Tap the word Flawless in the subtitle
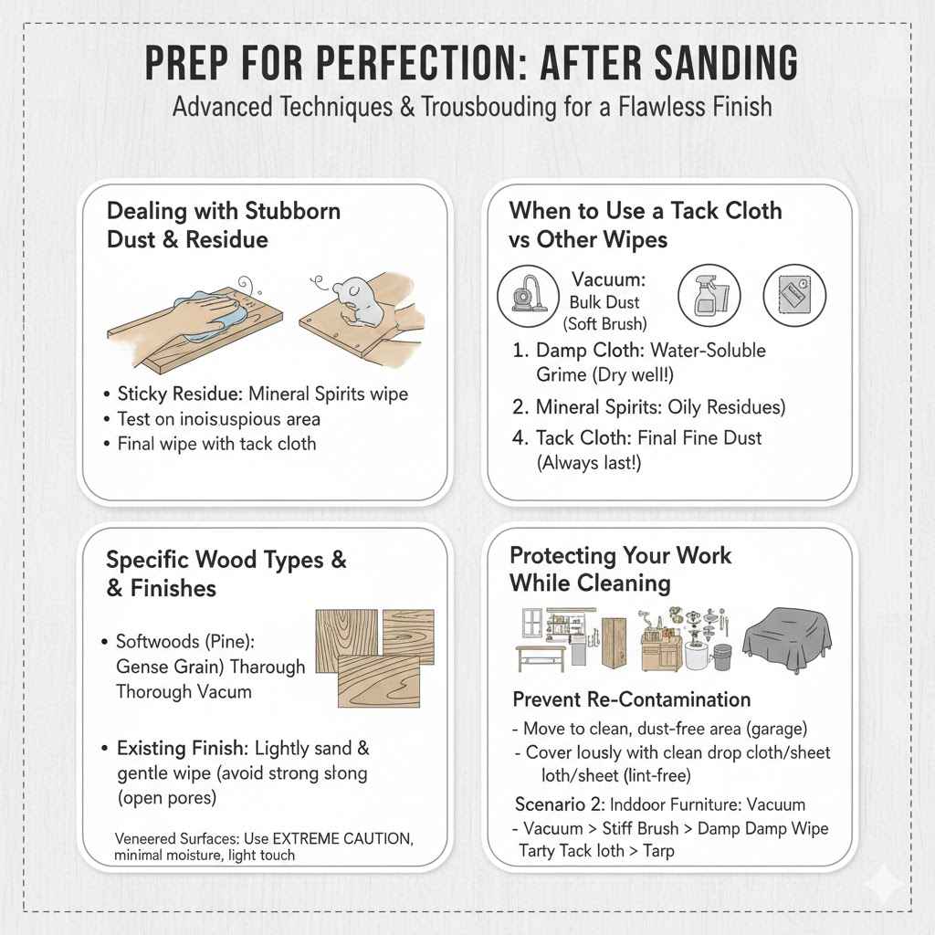coord(654,108)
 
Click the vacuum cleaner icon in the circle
coord(529,295)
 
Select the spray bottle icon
coord(709,296)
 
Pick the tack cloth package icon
coord(794,295)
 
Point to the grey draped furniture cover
coord(787,639)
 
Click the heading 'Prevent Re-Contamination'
coord(632,699)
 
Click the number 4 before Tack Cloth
coord(519,437)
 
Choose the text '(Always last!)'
coord(589,463)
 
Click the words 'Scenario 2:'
coord(560,804)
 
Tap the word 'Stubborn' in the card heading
coord(293,211)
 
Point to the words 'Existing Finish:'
coord(183,749)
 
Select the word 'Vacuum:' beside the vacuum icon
coord(608,279)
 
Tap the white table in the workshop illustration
coord(541,657)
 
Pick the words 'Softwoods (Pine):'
coord(185,642)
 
